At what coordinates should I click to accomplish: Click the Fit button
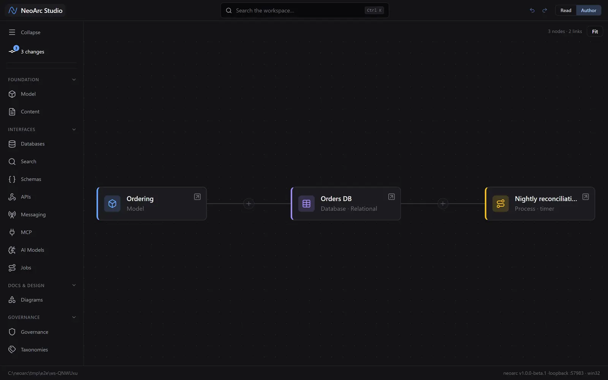point(595,32)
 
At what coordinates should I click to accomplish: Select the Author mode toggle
point(589,10)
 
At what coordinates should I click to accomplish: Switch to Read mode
point(566,10)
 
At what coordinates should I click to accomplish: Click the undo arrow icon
point(532,10)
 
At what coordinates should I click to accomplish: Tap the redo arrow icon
point(545,10)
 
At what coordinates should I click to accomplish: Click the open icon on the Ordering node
point(197,197)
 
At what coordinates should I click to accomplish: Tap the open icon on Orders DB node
point(391,197)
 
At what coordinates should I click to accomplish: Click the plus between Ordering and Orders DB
point(249,204)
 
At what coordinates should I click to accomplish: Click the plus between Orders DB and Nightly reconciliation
point(442,204)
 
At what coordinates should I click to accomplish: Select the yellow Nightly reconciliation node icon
point(500,204)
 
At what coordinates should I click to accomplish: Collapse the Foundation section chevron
point(74,79)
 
